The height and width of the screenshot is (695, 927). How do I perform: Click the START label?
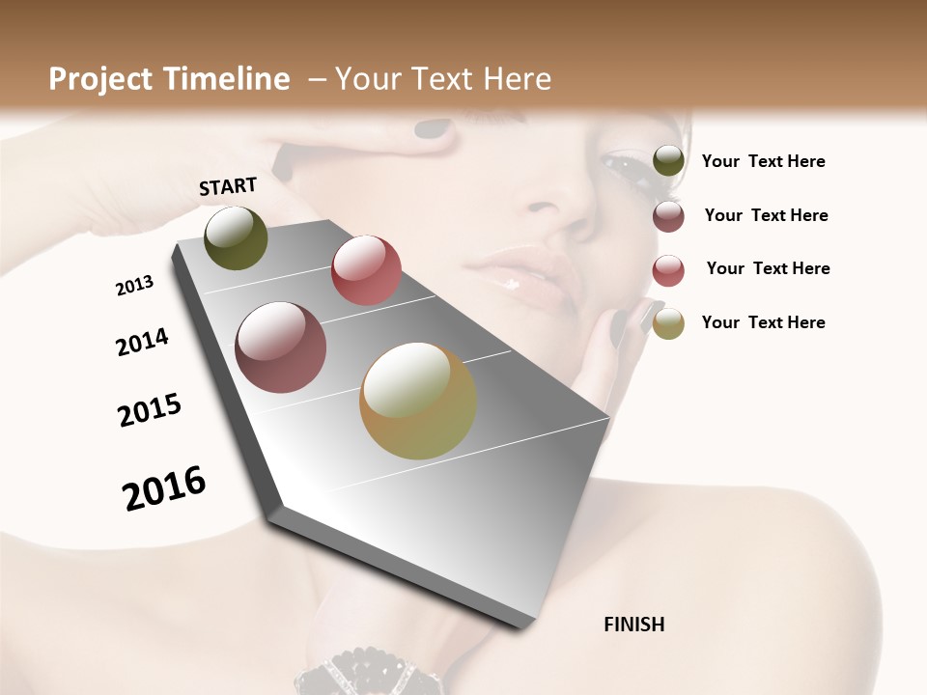228,186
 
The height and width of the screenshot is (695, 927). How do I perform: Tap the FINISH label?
633,625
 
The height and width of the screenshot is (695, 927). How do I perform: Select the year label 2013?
134,286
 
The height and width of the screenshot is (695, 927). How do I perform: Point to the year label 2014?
142,343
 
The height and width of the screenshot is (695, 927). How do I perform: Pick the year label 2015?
150,410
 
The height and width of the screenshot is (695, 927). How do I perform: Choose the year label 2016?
164,488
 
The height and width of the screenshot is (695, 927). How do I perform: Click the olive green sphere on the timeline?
237,238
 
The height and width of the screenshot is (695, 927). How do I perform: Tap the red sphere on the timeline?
366,269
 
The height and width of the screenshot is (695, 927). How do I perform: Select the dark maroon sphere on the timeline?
281,347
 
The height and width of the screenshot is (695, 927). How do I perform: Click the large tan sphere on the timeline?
418,401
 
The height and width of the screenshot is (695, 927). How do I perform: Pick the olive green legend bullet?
668,161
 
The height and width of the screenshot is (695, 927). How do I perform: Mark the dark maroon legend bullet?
668,216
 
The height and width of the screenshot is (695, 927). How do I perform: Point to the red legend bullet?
668,270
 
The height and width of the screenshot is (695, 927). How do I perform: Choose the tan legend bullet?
668,323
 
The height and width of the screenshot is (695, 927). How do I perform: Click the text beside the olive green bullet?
763,162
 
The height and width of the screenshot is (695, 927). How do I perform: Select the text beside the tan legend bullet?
763,322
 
